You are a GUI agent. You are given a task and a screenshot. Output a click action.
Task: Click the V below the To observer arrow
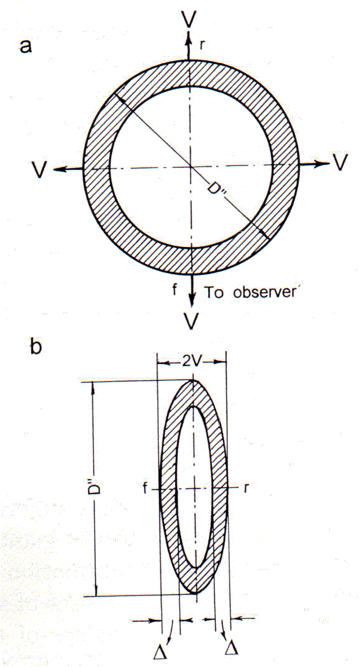coord(192,322)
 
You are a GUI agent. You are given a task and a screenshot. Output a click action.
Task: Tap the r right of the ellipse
coord(246,488)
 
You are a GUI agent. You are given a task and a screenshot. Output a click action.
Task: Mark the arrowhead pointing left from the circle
coord(60,169)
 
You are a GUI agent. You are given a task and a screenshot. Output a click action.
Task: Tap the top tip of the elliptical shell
coord(194,380)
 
